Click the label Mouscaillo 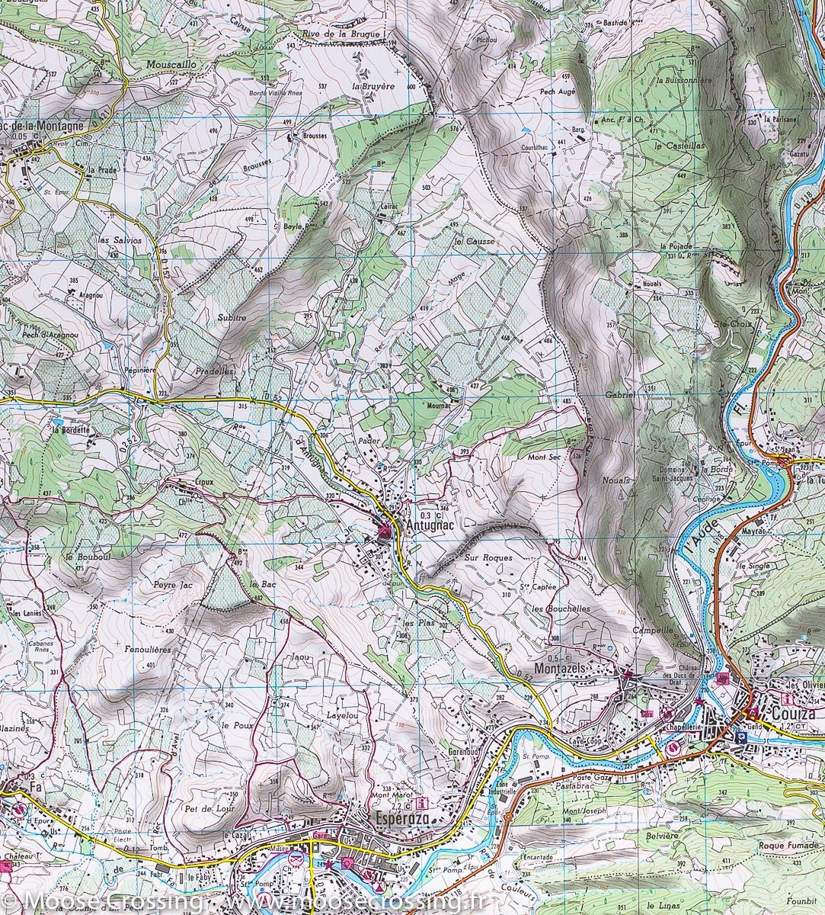click(x=172, y=65)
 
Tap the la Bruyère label click(x=373, y=87)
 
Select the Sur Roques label click(x=488, y=557)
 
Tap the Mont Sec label click(x=544, y=457)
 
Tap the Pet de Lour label click(x=201, y=807)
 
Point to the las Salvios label click(x=120, y=239)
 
